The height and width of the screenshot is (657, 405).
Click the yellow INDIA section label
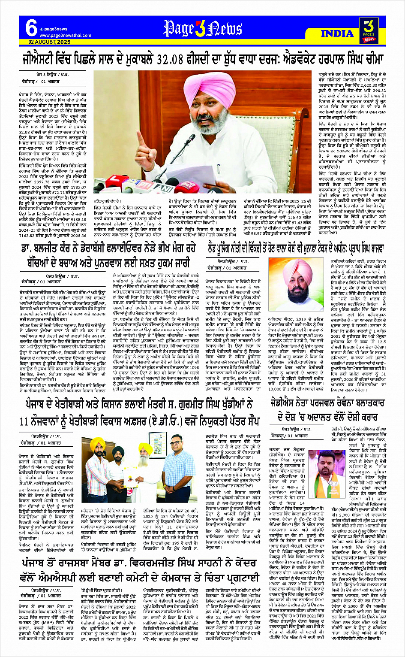[337, 33]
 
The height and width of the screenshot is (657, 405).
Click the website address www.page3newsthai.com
[66, 35]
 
